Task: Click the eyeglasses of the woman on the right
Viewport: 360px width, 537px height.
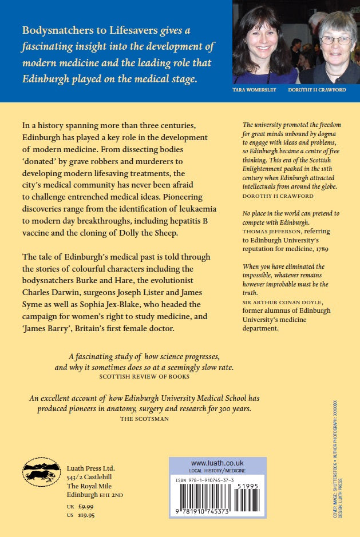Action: pos(336,40)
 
